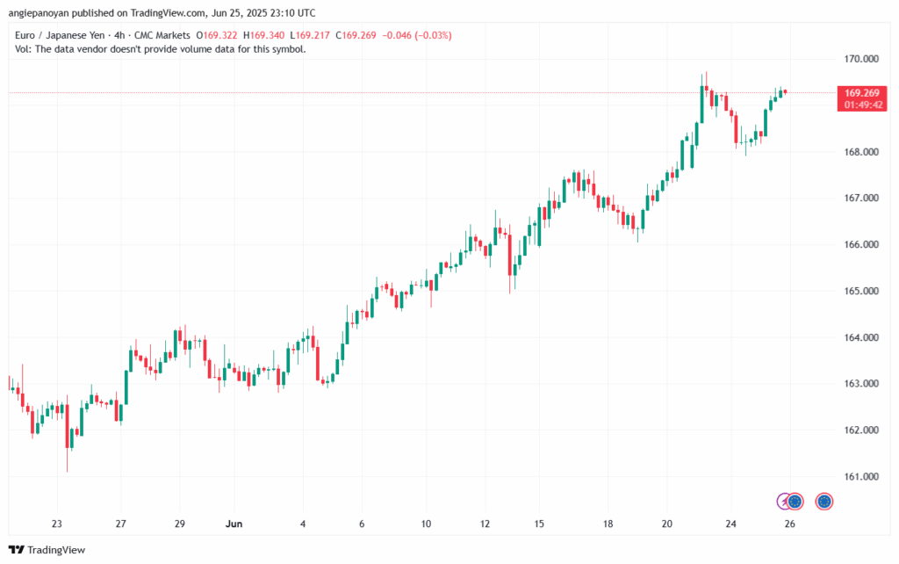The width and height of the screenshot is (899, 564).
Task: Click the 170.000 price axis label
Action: pos(861,59)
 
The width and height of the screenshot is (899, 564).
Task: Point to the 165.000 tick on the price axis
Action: pos(861,291)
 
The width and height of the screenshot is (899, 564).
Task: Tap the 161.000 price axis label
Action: pos(861,476)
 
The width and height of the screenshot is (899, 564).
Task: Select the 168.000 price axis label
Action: pos(861,151)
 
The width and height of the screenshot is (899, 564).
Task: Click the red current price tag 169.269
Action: pos(862,98)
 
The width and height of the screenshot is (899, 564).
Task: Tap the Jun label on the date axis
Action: pos(234,524)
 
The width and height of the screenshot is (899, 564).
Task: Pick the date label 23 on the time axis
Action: pos(57,524)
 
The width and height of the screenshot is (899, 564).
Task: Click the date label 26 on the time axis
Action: pos(789,524)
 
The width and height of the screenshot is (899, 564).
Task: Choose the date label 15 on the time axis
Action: pos(539,524)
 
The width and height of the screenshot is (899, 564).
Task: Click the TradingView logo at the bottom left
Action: pos(47,550)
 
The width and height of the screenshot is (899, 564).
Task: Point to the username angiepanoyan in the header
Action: pos(39,13)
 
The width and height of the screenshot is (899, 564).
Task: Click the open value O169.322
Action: pos(216,35)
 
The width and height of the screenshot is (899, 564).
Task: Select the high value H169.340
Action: pos(263,35)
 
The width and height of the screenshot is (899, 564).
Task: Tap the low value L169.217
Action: pos(310,35)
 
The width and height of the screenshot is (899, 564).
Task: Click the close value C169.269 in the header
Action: pos(356,35)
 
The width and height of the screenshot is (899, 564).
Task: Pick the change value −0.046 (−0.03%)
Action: pos(417,35)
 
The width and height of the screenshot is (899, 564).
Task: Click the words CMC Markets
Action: pos(162,35)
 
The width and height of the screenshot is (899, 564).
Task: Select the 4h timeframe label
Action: pos(119,35)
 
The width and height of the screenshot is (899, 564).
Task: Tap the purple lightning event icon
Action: pos(784,502)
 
